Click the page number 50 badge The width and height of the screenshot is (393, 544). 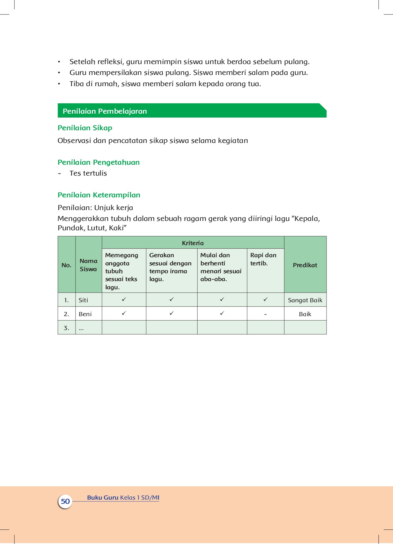[65, 501]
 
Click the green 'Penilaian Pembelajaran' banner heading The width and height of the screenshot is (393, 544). [105, 111]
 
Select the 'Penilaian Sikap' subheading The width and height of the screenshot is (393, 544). [85, 128]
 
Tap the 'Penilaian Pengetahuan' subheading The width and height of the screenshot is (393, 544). [98, 162]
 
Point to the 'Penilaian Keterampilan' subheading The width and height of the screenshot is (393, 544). [99, 195]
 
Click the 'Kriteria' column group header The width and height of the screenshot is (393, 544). [193, 243]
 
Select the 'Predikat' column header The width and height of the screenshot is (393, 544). [305, 265]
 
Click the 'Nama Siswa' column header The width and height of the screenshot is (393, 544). [88, 265]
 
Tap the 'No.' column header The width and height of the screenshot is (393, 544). [66, 265]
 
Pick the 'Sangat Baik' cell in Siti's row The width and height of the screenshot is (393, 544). [305, 300]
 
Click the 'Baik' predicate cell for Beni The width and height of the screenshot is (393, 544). [305, 314]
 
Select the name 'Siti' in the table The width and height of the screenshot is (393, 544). [83, 300]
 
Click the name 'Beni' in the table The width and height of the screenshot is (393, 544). [85, 314]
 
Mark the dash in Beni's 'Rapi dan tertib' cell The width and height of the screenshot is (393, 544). [265, 315]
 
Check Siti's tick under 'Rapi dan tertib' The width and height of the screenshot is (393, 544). [265, 299]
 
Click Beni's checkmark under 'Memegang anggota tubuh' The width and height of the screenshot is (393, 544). [124, 313]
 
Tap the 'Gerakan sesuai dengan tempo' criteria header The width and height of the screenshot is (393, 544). [170, 267]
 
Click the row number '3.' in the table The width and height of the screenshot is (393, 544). [66, 328]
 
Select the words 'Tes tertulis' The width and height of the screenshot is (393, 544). [88, 173]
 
